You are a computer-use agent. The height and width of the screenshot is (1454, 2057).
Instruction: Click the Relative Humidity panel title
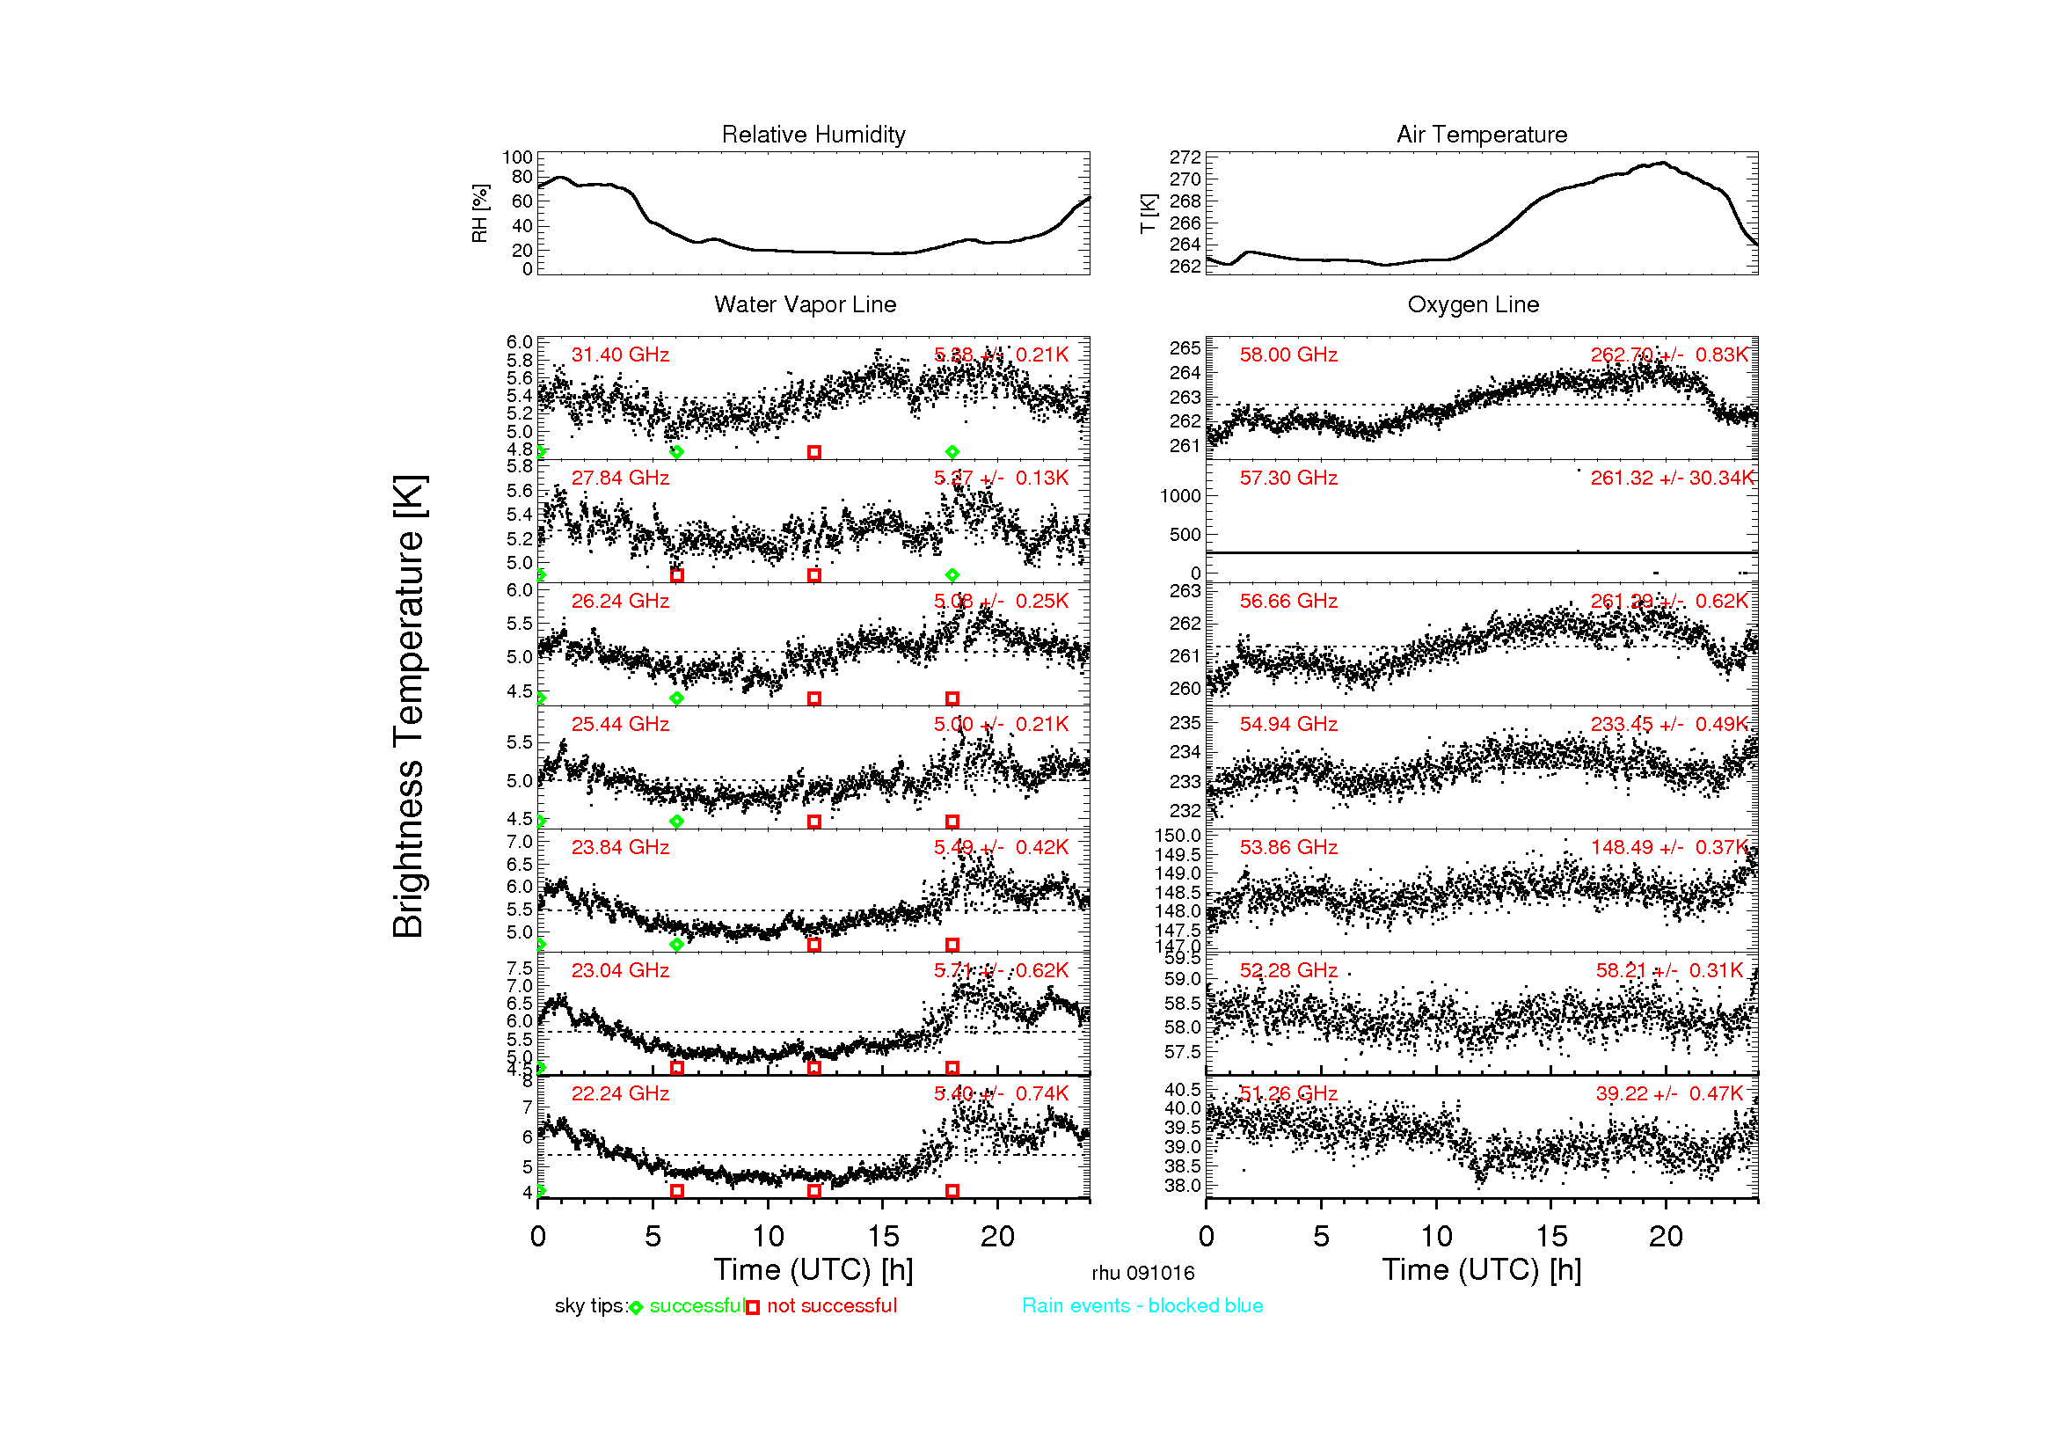(813, 135)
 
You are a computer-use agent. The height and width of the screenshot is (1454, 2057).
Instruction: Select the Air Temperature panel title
(1481, 135)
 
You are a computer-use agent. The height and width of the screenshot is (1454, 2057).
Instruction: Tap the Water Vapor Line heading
(805, 304)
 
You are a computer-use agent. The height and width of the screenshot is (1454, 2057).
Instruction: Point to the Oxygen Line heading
(1473, 304)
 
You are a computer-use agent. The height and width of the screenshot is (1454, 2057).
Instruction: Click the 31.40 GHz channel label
(620, 354)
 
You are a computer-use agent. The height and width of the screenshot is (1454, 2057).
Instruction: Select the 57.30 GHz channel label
(1287, 479)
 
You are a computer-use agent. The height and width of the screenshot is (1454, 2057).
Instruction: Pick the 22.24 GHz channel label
(620, 1093)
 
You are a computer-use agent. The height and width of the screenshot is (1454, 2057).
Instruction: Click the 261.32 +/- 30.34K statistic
(1671, 479)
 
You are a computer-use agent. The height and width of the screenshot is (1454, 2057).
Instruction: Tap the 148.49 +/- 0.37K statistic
(1669, 847)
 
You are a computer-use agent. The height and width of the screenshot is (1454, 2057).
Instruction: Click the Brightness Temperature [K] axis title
(409, 706)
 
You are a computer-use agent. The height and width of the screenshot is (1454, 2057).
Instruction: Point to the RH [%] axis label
(479, 213)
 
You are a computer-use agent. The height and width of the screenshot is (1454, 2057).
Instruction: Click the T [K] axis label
(1148, 213)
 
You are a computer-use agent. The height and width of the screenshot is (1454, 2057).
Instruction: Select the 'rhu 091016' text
(1142, 1273)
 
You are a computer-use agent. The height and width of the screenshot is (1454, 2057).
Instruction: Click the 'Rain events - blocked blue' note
(1142, 1305)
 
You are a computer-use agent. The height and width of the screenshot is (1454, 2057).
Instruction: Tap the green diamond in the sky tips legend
(636, 1308)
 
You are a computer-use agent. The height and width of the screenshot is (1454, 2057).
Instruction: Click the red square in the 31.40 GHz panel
(813, 452)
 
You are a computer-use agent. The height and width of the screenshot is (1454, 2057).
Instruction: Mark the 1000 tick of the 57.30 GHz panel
(1180, 496)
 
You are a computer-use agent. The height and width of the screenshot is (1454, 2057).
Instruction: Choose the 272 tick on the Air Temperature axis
(1185, 157)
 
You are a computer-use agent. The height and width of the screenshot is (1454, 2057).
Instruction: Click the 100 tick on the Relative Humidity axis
(517, 157)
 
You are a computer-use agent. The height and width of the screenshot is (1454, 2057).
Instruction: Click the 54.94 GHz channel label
(1287, 724)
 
